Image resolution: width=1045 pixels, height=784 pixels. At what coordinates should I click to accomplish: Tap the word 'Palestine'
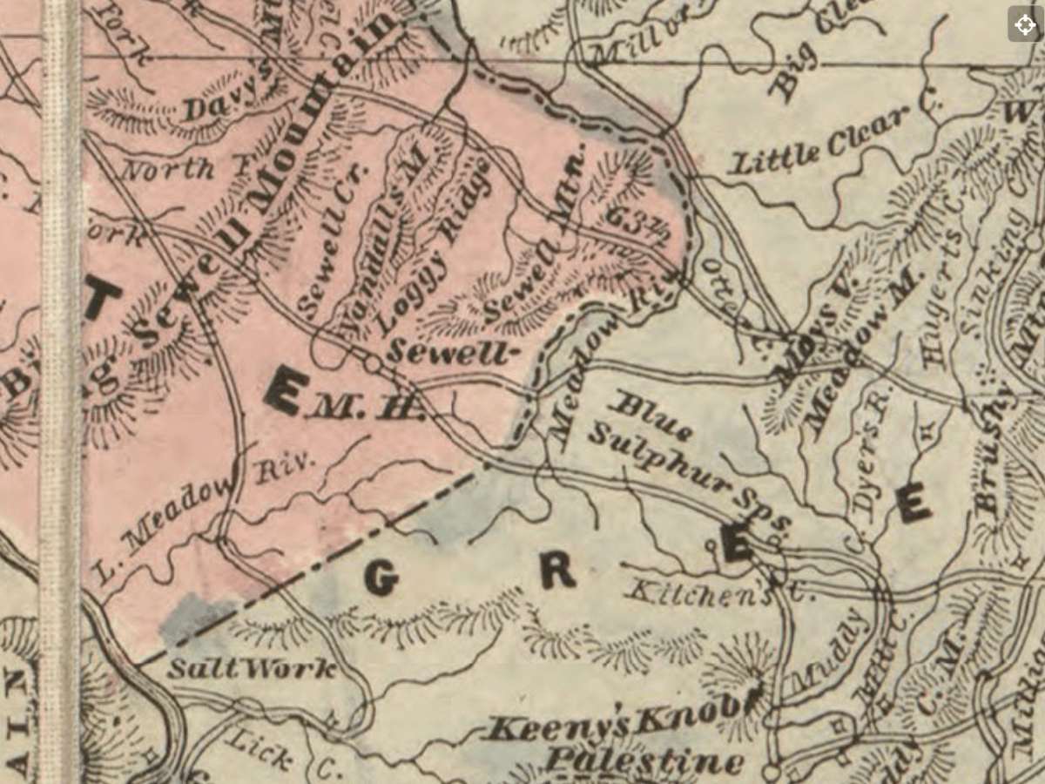tap(644, 760)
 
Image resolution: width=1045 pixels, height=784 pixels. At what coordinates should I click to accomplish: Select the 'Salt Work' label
tap(252, 670)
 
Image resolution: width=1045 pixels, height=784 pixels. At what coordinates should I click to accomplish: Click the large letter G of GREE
tap(381, 578)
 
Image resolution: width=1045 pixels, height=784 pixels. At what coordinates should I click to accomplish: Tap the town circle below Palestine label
tap(770, 772)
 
